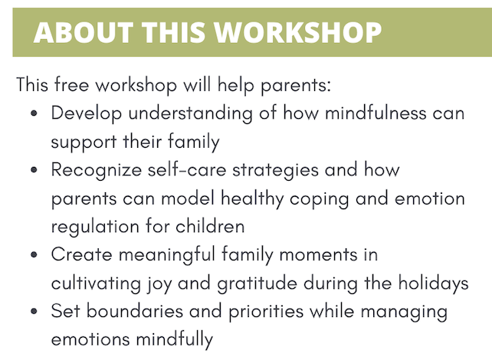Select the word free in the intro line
71,85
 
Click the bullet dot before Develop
34,113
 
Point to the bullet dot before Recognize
34,170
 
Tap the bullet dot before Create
34,254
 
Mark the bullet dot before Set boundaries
34,312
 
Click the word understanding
191,113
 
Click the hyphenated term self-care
187,169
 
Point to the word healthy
252,199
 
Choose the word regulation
95,227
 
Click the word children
210,226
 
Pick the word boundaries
135,311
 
